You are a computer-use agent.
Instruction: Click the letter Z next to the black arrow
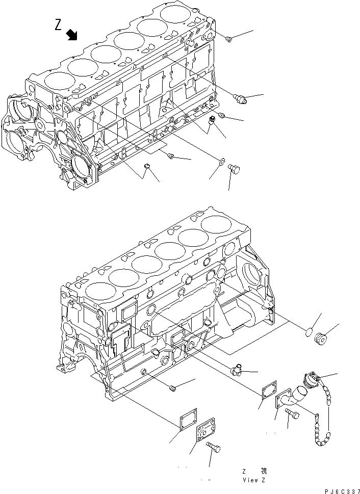click(59, 26)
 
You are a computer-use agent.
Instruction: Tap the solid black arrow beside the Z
click(72, 35)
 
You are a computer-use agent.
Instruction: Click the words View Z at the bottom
click(253, 480)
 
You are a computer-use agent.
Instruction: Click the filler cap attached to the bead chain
click(311, 380)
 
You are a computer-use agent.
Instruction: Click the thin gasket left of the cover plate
click(186, 422)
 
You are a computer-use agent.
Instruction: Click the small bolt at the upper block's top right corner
click(229, 38)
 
